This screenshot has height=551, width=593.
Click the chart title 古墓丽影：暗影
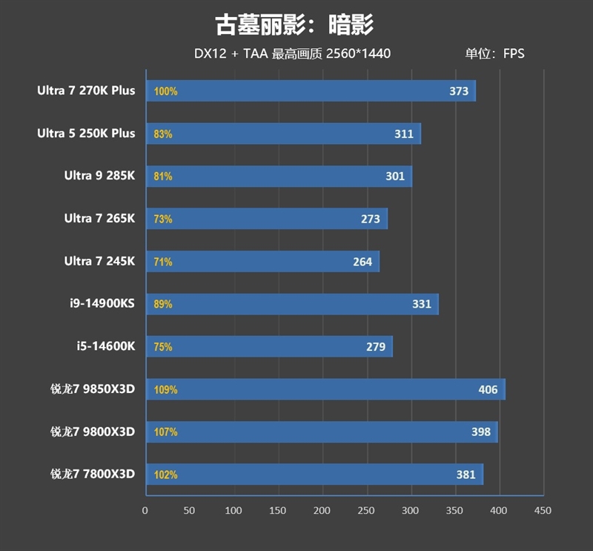[294, 24]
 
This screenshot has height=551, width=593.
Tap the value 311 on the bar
[404, 134]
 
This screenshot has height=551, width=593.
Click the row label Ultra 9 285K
[99, 176]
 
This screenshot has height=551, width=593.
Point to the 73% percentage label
[163, 219]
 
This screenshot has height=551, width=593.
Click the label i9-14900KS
[102, 303]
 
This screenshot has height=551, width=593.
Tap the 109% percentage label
[165, 389]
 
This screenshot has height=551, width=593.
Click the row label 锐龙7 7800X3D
[93, 474]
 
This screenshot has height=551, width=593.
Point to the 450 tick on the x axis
[543, 510]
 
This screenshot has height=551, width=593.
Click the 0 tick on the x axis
[145, 510]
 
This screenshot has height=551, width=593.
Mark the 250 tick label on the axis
[366, 510]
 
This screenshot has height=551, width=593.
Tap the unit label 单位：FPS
[494, 53]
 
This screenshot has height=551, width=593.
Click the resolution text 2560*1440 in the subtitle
[357, 53]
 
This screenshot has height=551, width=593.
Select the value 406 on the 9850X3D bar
[488, 389]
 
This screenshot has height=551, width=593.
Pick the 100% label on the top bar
[165, 92]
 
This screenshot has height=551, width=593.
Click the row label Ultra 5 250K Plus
[86, 133]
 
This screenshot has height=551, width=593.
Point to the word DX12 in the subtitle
[210, 53]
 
